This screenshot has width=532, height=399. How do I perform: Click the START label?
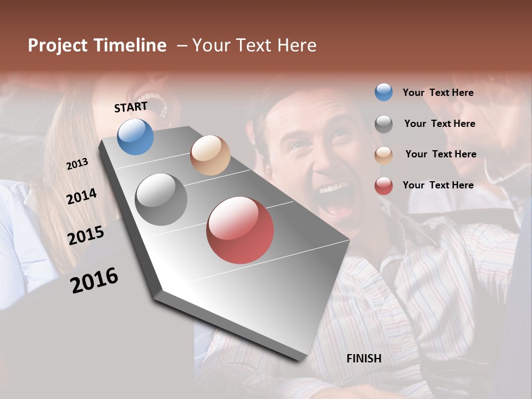(131, 107)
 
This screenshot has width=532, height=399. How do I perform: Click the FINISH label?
(364, 359)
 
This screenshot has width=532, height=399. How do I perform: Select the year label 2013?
(77, 164)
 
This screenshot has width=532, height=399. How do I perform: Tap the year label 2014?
(81, 196)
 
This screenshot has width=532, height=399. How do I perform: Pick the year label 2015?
(85, 236)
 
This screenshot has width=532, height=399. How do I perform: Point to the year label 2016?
(94, 280)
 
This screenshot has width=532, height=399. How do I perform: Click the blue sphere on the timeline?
(135, 137)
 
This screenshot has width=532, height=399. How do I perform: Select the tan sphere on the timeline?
(210, 155)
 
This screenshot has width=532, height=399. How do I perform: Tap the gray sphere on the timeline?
(161, 199)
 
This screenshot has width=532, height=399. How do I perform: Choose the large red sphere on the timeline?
(240, 230)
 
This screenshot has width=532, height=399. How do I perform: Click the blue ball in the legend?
(383, 93)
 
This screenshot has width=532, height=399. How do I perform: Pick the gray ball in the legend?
(383, 124)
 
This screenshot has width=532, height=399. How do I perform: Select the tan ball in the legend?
(383, 155)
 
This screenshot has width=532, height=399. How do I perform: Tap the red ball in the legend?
(383, 186)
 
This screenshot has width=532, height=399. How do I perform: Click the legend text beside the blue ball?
(438, 93)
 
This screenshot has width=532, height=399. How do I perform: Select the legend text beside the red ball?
(438, 185)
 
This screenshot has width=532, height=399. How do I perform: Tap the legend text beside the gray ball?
(439, 124)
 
